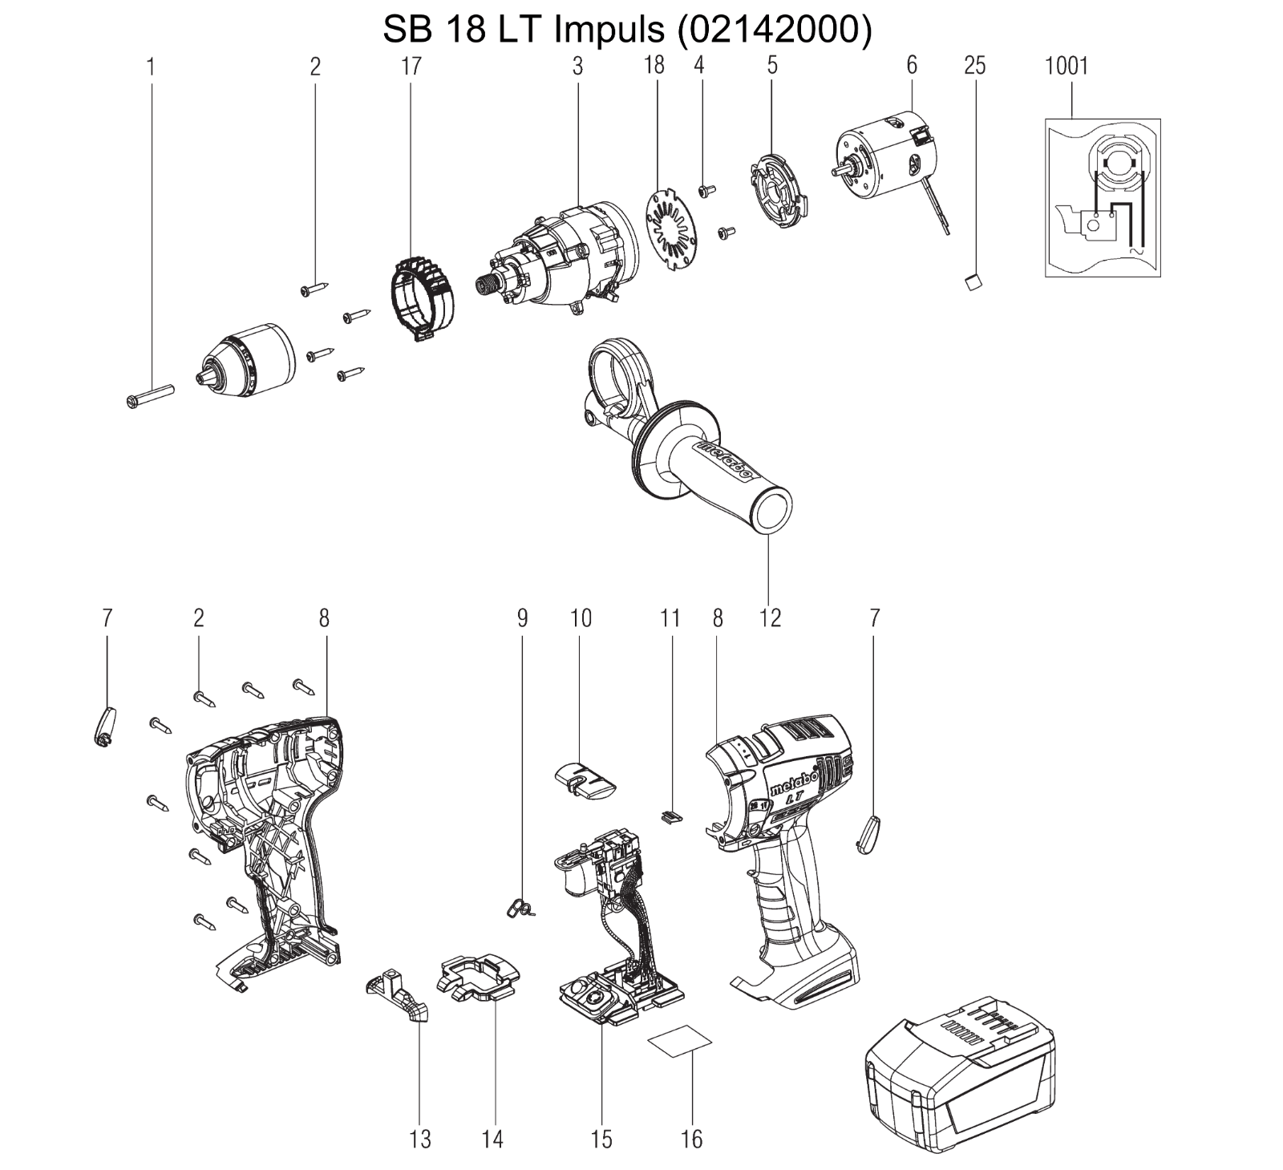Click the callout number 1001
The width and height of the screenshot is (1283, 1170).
pos(1066,66)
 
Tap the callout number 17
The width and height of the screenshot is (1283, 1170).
pos(411,66)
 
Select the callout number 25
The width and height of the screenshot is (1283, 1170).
pos(974,66)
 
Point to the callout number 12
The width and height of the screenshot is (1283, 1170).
pos(770,617)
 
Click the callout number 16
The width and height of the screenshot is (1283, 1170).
pos(691,1139)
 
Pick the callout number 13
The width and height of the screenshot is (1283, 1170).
pos(420,1139)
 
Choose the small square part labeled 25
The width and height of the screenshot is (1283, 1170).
pos(973,281)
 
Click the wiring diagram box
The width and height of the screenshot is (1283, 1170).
pos(1103,198)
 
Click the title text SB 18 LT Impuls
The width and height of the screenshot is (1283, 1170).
pos(524,30)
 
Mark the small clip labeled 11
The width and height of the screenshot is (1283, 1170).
pos(672,816)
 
